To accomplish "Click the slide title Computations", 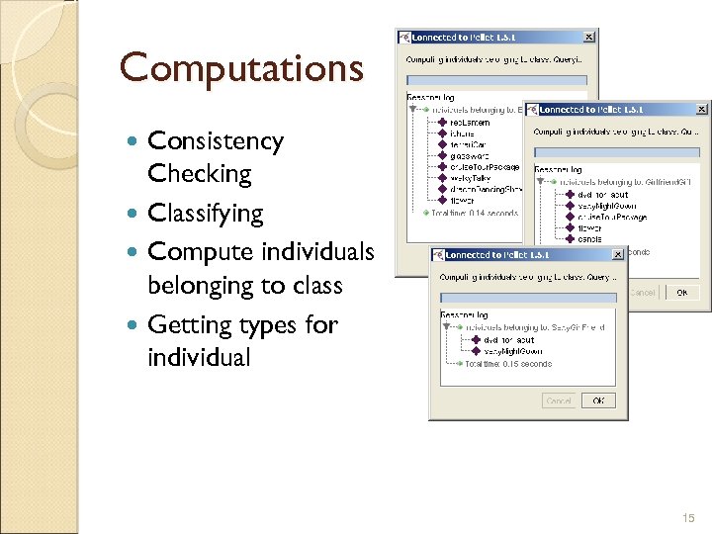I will [x=241, y=68].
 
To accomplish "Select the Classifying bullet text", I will [x=205, y=214].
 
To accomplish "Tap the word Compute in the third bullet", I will [x=198, y=252].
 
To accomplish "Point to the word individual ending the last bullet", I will [x=199, y=357].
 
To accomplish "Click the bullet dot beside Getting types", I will [x=134, y=324].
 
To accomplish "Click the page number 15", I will [x=688, y=517].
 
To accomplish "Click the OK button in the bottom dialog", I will [x=598, y=400].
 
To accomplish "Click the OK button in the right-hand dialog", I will [x=681, y=293].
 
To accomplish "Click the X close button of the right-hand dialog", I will [x=701, y=110].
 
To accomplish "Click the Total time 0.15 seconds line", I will [x=508, y=364].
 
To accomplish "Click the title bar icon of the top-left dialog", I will [x=404, y=38].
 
